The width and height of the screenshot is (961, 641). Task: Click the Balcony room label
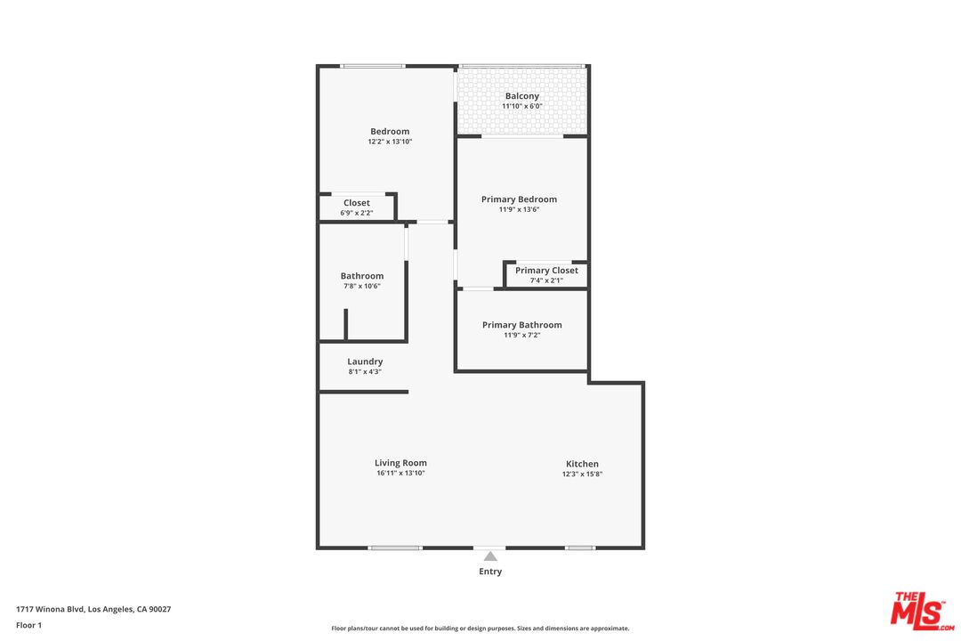pos(522,96)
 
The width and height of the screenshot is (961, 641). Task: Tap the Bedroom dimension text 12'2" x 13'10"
pos(390,142)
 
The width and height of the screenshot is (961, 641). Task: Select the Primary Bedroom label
pos(519,199)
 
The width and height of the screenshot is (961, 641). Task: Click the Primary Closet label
pos(546,271)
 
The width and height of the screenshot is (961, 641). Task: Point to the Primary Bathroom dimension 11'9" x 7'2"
pos(521,336)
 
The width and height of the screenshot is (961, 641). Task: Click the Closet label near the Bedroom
pos(357,203)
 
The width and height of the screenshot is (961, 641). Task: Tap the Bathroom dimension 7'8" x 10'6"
pos(362,286)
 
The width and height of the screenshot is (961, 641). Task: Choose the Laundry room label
pos(365,361)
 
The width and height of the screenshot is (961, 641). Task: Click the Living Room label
pos(400,463)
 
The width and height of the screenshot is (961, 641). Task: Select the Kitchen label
pos(583,464)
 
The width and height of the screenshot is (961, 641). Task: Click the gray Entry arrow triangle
pos(490,556)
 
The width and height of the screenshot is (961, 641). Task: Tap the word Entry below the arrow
pos(490,572)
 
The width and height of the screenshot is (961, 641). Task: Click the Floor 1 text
pos(28,625)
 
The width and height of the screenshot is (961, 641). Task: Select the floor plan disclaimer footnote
pos(480,629)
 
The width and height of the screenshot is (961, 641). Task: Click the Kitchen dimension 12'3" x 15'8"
pos(583,475)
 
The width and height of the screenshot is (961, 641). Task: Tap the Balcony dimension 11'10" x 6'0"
pos(522,107)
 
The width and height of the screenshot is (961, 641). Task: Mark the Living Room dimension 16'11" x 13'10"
pos(400,474)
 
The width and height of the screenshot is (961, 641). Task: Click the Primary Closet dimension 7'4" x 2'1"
pos(546,280)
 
